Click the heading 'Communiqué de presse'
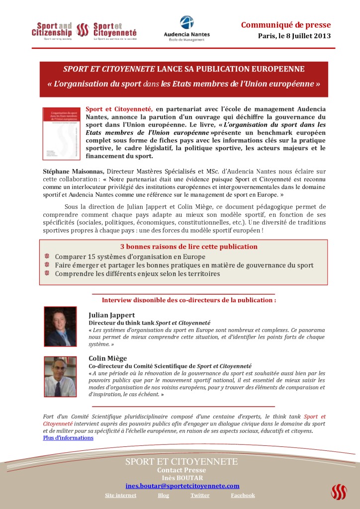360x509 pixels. click(x=285, y=25)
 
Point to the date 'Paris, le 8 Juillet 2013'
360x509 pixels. click(x=294, y=36)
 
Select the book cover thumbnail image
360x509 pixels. click(x=62, y=133)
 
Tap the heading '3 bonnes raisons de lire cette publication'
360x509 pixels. click(x=189, y=247)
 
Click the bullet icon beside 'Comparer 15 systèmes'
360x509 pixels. click(x=47, y=256)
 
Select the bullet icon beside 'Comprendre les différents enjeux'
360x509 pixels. click(x=47, y=273)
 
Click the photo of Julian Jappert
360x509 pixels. click(x=61, y=326)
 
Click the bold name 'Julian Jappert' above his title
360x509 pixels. click(x=111, y=315)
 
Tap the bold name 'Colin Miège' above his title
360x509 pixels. click(x=108, y=358)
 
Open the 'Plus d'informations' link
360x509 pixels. click(x=68, y=438)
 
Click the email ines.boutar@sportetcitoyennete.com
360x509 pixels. click(x=182, y=486)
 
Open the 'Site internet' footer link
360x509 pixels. click(x=120, y=495)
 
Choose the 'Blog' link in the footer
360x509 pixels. click(x=163, y=495)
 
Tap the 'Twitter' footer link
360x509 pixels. click(x=200, y=495)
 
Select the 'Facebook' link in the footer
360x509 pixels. click(x=243, y=495)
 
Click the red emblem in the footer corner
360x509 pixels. click(x=339, y=492)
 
